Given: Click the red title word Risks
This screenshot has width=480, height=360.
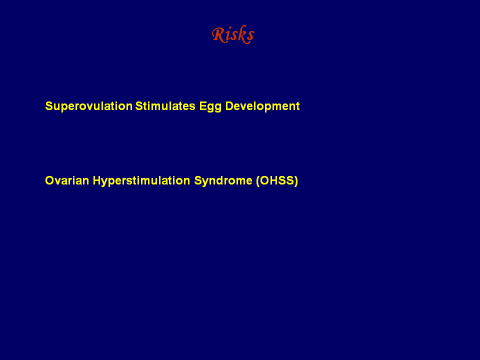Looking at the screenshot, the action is (233, 34).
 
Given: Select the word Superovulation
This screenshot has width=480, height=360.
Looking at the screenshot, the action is (89, 106).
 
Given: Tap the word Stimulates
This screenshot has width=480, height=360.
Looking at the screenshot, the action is (165, 106).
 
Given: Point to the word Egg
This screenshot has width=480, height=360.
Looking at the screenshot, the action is (210, 106).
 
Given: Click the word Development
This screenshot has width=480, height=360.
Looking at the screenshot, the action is (262, 106).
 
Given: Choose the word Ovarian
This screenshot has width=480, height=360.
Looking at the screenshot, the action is (67, 180).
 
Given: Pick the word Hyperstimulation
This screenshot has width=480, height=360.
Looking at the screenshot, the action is (141, 180).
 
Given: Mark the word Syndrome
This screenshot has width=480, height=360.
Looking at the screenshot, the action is (223, 180).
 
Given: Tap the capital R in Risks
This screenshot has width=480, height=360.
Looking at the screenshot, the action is (219, 34).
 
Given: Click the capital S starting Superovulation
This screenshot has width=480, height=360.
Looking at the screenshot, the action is (49, 106).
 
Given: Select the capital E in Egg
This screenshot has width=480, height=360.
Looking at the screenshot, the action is (203, 106).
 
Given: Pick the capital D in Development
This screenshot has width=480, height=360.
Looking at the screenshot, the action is (229, 106).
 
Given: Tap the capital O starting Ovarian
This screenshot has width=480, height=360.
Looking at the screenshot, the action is (49, 180).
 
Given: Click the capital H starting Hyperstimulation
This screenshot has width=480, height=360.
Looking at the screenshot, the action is (97, 180).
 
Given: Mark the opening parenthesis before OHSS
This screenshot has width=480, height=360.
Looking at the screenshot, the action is (258, 181).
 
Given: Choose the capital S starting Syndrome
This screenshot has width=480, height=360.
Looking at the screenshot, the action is (198, 180).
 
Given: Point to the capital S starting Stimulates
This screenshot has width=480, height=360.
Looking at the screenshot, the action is (139, 106).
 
